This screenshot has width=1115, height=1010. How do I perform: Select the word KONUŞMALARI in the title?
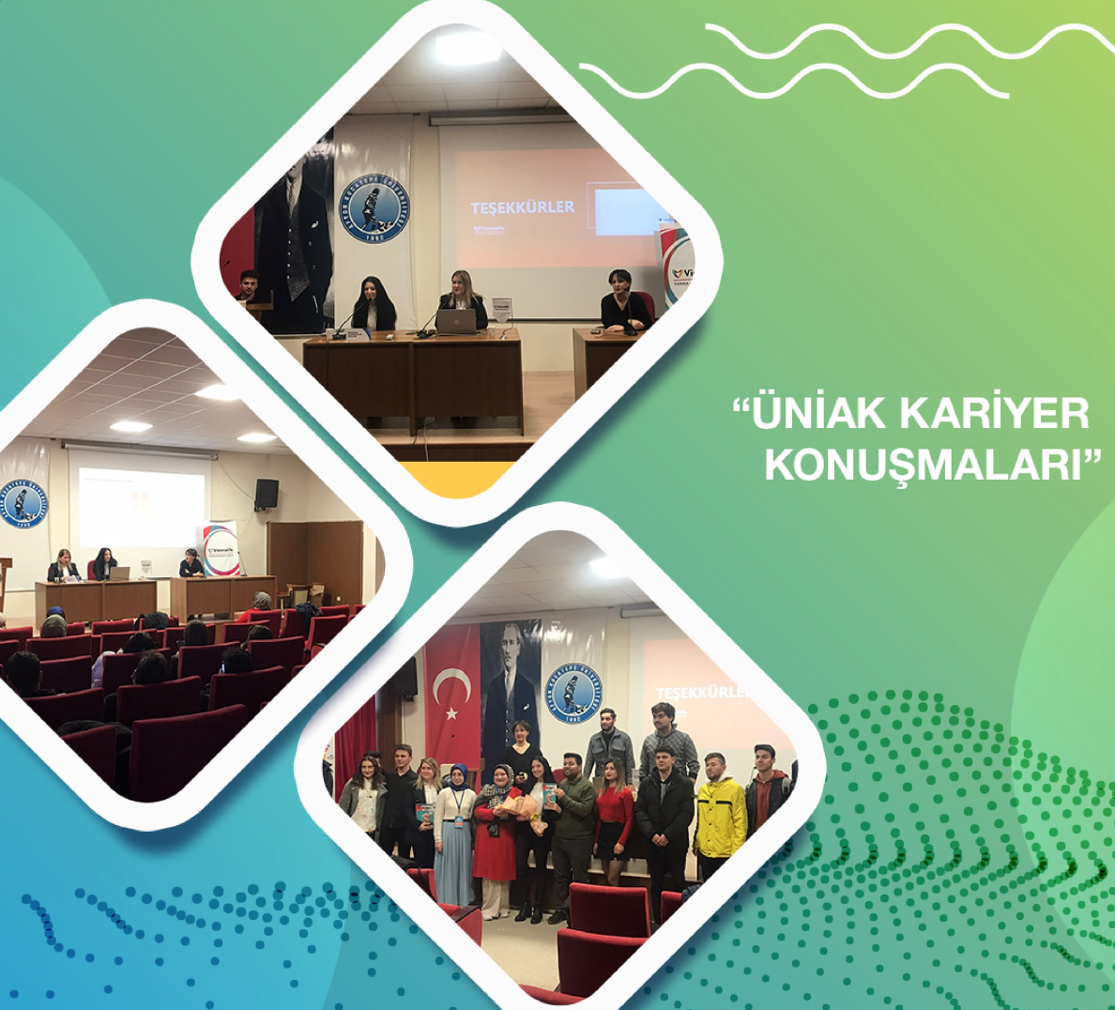pyautogui.click(x=924, y=465)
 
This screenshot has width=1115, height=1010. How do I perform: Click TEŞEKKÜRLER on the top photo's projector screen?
pyautogui.click(x=522, y=207)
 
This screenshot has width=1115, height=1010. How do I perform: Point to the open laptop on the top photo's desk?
pyautogui.click(x=456, y=321)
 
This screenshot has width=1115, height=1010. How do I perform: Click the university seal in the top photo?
pyautogui.click(x=374, y=208)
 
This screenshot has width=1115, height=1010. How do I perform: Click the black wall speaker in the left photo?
pyautogui.click(x=267, y=494)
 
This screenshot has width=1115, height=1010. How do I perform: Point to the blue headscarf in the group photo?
pyautogui.click(x=458, y=774)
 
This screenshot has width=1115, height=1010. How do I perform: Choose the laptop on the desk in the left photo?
pyautogui.click(x=119, y=573)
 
